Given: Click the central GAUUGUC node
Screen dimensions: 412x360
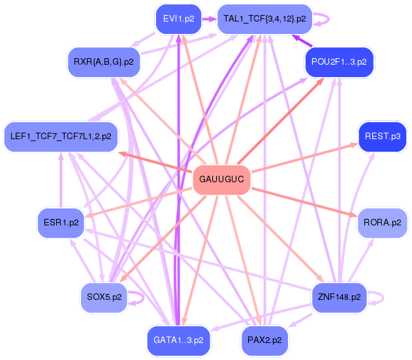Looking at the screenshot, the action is click(222, 180).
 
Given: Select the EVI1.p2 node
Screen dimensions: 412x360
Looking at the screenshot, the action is click(179, 19).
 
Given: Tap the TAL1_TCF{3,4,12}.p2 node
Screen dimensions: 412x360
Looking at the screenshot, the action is click(264, 19).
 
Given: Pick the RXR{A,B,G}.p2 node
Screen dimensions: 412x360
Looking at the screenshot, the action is click(104, 62).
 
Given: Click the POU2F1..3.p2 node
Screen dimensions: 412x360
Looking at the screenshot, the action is click(340, 62).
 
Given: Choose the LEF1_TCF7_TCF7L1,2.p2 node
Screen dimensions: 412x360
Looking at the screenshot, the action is click(61, 137).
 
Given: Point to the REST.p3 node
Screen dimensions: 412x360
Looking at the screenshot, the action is click(383, 137).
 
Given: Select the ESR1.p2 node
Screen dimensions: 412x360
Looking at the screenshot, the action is click(61, 223).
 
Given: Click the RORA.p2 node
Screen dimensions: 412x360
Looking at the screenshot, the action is click(383, 223).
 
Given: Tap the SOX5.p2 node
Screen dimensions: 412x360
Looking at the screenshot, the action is click(104, 298).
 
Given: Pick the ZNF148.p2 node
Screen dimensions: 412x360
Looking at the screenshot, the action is click(340, 298).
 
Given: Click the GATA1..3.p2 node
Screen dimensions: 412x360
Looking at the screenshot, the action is click(178, 341).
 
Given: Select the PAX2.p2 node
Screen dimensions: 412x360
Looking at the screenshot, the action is click(264, 341).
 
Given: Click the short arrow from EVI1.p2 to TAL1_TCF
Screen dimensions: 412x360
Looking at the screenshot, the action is click(209, 19).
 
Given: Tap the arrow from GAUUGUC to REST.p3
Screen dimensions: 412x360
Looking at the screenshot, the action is click(305, 157).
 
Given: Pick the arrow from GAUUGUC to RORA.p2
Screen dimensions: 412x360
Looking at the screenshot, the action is click(304, 202).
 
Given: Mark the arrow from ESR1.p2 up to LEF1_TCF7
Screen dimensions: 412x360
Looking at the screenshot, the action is click(61, 180).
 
